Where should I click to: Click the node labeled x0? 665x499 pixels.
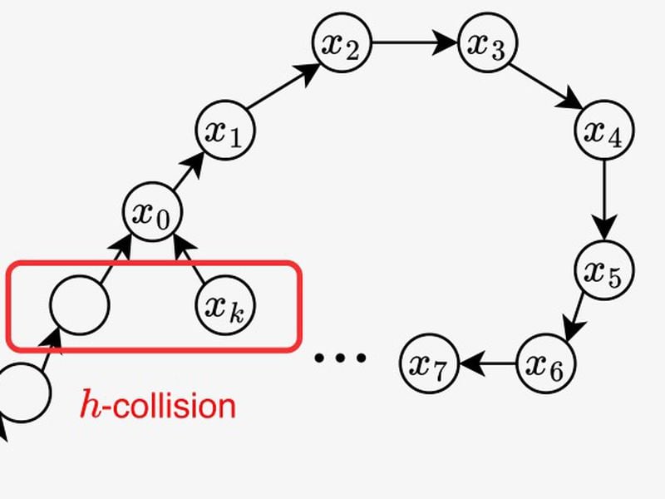coord(152,212)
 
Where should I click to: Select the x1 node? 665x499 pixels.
coord(224,131)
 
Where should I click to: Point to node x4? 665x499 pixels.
coord(604,130)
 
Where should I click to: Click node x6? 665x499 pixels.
coord(545,363)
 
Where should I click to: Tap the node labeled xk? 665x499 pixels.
coord(226,305)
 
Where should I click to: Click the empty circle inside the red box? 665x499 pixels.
coord(79,305)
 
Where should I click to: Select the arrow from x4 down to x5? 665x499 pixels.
coord(604,200)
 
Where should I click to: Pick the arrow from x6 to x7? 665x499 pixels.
coord(487,363)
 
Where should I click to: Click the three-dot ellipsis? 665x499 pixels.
coord(340,358)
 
